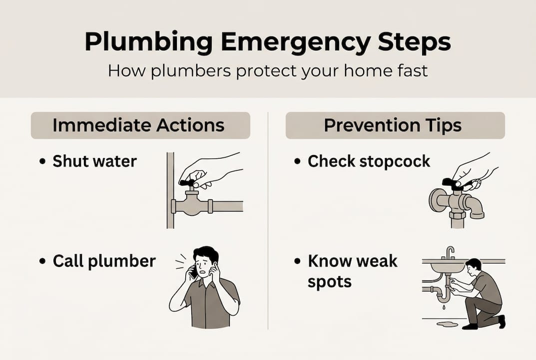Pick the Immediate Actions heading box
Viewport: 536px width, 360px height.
140,125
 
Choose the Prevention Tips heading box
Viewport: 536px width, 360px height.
395,125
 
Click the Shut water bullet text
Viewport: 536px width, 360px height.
94,161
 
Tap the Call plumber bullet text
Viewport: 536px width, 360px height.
104,261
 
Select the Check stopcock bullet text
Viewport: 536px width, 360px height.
369,161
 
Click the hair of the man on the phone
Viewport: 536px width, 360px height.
206,253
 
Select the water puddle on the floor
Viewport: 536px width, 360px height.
447,324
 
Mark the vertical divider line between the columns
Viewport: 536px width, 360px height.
268,220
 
